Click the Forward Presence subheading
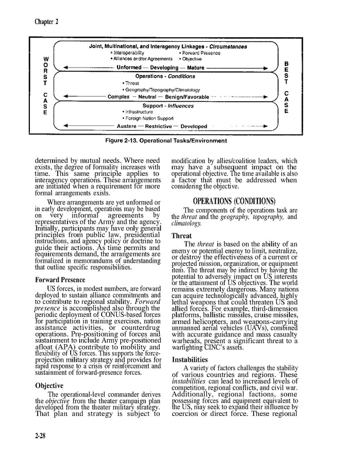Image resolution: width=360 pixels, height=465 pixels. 60,280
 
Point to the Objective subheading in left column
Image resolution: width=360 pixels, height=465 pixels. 49,386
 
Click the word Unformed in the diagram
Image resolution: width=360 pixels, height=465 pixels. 129,68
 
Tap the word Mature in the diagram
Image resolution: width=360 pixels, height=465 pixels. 195,68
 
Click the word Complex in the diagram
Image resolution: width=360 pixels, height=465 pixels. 118,97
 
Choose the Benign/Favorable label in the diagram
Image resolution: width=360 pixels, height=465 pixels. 187,97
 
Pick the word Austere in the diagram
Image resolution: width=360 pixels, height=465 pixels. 126,126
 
